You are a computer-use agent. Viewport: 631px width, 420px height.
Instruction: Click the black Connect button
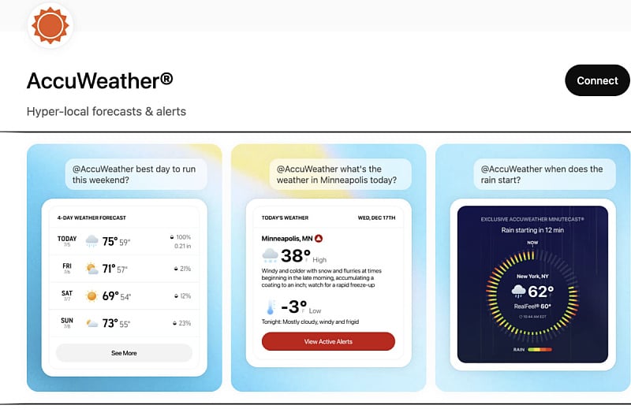pos(597,80)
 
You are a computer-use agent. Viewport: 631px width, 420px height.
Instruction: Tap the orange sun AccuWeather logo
pos(50,25)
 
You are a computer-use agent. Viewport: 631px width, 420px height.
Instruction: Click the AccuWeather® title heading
pos(99,80)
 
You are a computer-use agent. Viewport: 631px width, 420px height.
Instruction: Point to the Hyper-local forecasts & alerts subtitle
pos(106,111)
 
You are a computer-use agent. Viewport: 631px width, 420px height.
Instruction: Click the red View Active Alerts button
pos(328,341)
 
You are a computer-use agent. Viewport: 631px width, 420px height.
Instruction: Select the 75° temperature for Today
pos(109,242)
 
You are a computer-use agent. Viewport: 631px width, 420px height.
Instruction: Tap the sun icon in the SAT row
pos(91,296)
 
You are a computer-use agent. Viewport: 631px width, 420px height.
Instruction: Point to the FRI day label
pos(67,266)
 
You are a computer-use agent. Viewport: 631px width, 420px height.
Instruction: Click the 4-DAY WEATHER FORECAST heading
pos(91,217)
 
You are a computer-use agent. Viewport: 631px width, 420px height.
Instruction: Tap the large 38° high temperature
pos(296,255)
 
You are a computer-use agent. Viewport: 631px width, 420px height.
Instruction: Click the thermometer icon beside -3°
pos(271,307)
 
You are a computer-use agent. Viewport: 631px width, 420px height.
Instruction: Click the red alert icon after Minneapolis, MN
pos(319,237)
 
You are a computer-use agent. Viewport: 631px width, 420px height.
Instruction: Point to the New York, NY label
pos(532,277)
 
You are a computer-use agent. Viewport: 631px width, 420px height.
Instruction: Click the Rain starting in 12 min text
pos(532,230)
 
